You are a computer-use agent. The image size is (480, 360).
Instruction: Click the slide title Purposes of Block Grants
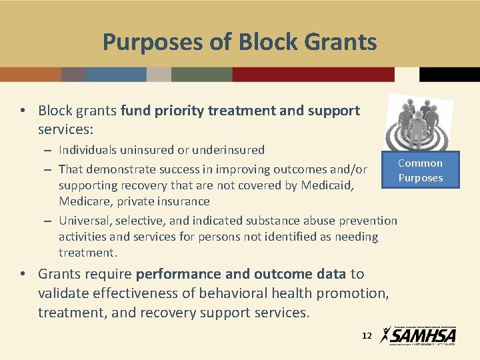239,42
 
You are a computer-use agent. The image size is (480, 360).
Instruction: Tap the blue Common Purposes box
420,171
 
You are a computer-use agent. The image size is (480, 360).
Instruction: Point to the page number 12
366,336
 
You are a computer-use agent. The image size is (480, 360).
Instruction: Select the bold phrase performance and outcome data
241,274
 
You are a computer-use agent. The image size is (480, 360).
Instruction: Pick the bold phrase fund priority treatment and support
240,111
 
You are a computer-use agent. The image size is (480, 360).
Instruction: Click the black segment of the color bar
449,74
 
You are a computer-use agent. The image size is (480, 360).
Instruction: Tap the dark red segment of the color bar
313,74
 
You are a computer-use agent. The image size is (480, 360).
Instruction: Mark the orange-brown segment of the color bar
31,74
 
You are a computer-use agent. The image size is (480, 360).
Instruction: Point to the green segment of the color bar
201,74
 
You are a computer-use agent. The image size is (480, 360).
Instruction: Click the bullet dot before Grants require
23,274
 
